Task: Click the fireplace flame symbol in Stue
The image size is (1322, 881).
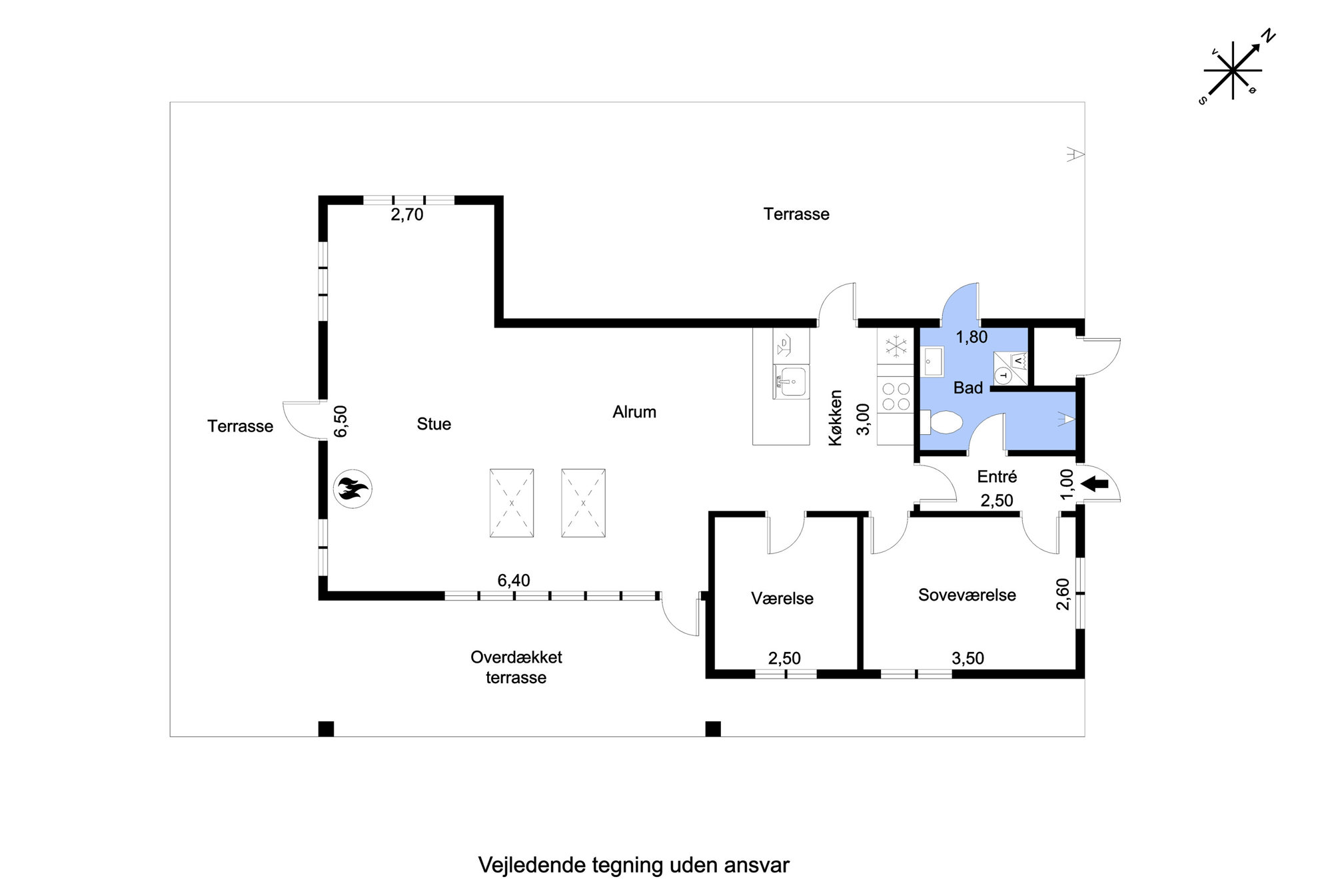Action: click(x=352, y=489)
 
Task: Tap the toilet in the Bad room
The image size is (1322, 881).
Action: click(x=942, y=422)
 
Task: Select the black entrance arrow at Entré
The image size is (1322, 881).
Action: click(x=1094, y=484)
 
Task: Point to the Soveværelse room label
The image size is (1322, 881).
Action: click(x=967, y=595)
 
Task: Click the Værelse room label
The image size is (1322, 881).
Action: click(x=782, y=598)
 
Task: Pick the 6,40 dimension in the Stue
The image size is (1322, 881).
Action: click(x=514, y=580)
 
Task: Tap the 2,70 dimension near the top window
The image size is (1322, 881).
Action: click(x=407, y=214)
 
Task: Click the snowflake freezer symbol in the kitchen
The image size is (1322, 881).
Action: click(x=896, y=346)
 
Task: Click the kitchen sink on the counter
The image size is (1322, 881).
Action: click(x=791, y=382)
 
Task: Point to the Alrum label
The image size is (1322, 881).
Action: click(x=634, y=412)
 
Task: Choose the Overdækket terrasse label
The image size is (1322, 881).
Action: click(x=516, y=667)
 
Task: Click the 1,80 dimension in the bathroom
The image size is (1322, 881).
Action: click(x=972, y=337)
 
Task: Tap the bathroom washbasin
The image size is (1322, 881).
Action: click(x=933, y=362)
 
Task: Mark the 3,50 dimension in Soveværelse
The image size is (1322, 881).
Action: click(x=968, y=658)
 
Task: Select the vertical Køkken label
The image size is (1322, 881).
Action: click(x=835, y=418)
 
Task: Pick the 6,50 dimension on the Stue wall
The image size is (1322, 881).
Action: click(x=340, y=422)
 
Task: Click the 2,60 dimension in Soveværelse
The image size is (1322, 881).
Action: click(x=1063, y=594)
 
